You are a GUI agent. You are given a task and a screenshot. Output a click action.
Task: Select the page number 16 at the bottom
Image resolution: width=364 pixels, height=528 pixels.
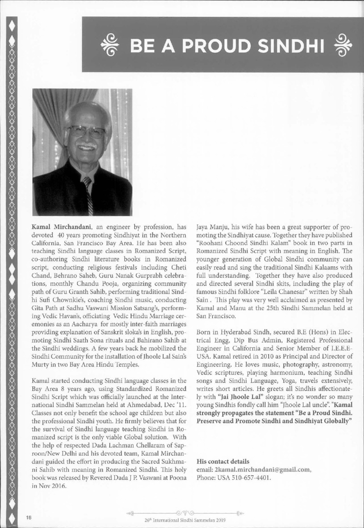tap(28, 518)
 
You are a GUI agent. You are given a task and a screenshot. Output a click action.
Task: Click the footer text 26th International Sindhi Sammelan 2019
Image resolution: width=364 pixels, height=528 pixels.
tap(182, 520)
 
